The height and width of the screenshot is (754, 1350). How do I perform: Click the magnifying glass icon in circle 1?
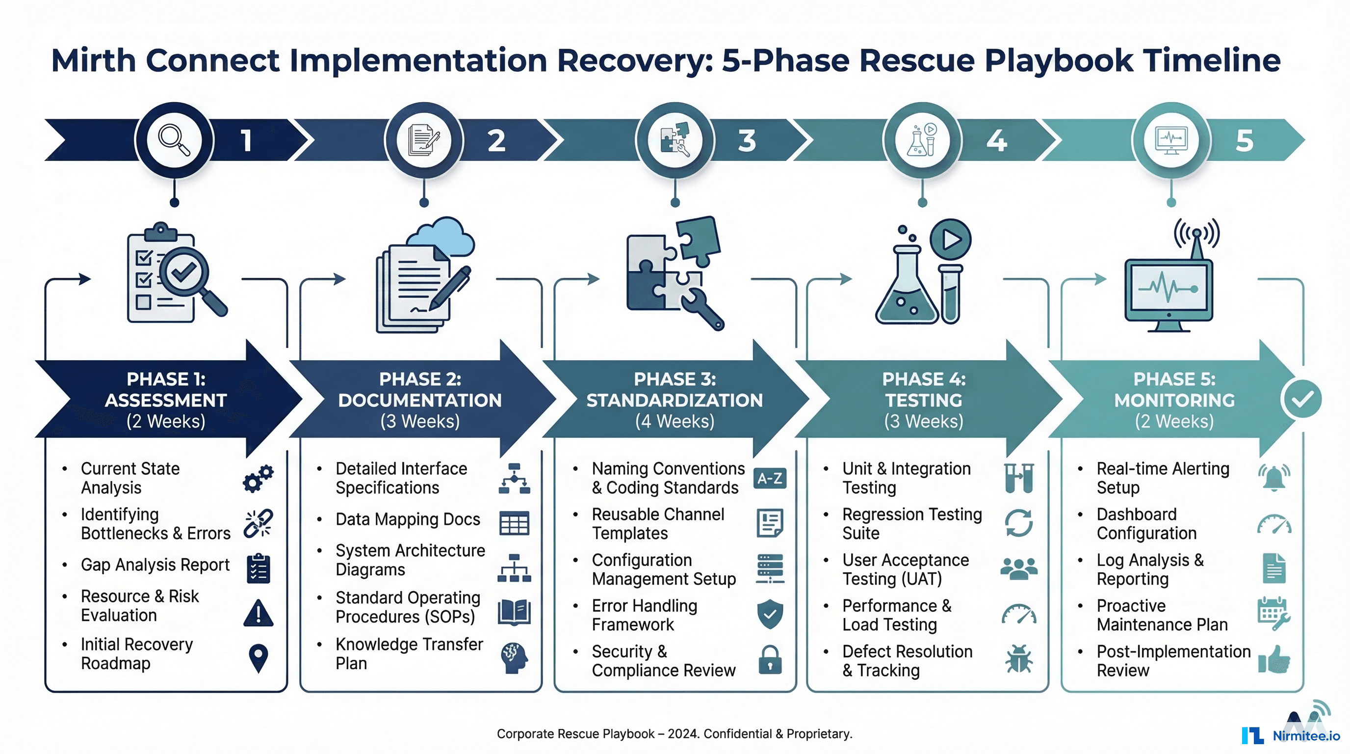click(174, 140)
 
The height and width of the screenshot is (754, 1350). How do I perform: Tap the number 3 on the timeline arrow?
click(747, 140)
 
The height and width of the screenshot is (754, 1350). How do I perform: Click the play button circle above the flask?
click(950, 240)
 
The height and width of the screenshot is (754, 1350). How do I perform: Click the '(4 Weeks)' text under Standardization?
click(675, 422)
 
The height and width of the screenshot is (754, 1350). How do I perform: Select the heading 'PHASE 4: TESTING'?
click(923, 390)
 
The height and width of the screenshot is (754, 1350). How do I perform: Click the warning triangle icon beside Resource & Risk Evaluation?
click(259, 614)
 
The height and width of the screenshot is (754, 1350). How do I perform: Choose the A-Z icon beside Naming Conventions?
click(769, 478)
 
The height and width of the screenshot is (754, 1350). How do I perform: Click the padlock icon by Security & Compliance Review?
click(770, 660)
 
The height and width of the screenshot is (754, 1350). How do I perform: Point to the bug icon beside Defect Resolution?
click(1019, 659)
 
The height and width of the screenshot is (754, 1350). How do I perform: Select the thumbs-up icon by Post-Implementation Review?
click(1274, 660)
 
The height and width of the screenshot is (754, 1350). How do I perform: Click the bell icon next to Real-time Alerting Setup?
click(1273, 478)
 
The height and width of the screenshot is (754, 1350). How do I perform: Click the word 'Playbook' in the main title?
click(1059, 60)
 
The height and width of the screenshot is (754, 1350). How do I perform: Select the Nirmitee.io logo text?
click(1305, 736)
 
